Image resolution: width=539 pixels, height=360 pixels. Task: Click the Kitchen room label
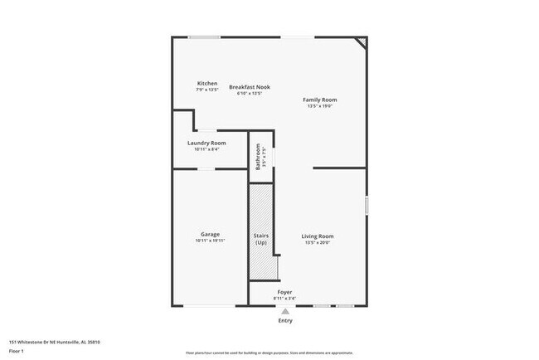coord(207,83)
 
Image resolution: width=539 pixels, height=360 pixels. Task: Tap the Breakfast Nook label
coord(250,87)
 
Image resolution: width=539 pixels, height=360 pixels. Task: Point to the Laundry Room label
coord(206,143)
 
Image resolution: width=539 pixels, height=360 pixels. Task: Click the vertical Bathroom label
coord(258,155)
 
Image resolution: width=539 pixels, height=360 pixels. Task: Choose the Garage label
coord(210,235)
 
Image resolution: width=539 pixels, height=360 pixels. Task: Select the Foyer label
coord(284,292)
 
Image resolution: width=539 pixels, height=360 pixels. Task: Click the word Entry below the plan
coord(285,320)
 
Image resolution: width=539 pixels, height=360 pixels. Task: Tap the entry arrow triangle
coord(285,311)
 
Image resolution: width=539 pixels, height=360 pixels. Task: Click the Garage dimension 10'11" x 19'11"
coord(210,241)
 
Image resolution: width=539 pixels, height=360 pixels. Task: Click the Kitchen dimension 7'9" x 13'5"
coord(207,90)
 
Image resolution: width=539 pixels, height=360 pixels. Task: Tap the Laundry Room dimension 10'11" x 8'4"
coord(206,149)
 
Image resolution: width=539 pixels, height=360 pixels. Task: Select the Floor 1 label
coord(17,351)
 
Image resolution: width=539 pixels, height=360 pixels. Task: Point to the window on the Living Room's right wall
coord(366,205)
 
